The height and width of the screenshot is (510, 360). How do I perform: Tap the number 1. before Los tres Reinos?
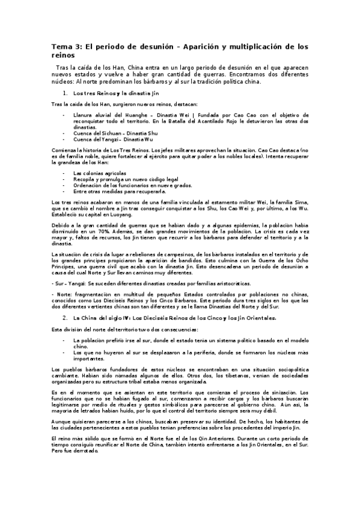[x=65, y=94]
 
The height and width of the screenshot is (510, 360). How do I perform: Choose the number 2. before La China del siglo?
[x=65, y=316]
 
